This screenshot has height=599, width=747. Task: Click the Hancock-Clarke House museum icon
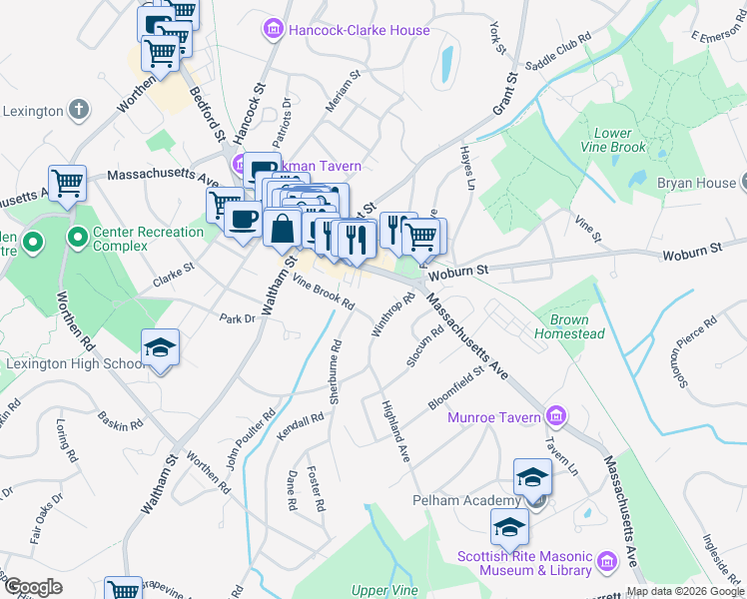[x=273, y=31]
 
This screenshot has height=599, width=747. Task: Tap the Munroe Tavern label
[x=495, y=417]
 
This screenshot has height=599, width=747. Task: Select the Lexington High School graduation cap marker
[x=160, y=347]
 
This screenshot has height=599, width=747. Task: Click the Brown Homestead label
[x=569, y=327]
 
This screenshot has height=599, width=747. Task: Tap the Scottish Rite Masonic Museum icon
[x=605, y=563]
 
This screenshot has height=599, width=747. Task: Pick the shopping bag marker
[x=283, y=228]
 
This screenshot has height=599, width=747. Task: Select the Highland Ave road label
[x=396, y=430]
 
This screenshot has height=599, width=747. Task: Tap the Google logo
[x=33, y=587]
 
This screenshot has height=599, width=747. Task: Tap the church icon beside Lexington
[x=79, y=110]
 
